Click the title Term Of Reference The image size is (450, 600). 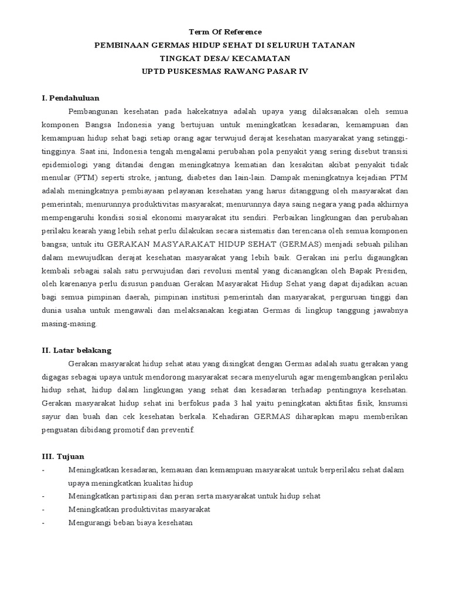[x=225, y=32]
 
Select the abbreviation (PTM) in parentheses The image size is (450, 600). [x=86, y=179]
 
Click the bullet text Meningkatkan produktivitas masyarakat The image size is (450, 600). [x=139, y=509]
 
